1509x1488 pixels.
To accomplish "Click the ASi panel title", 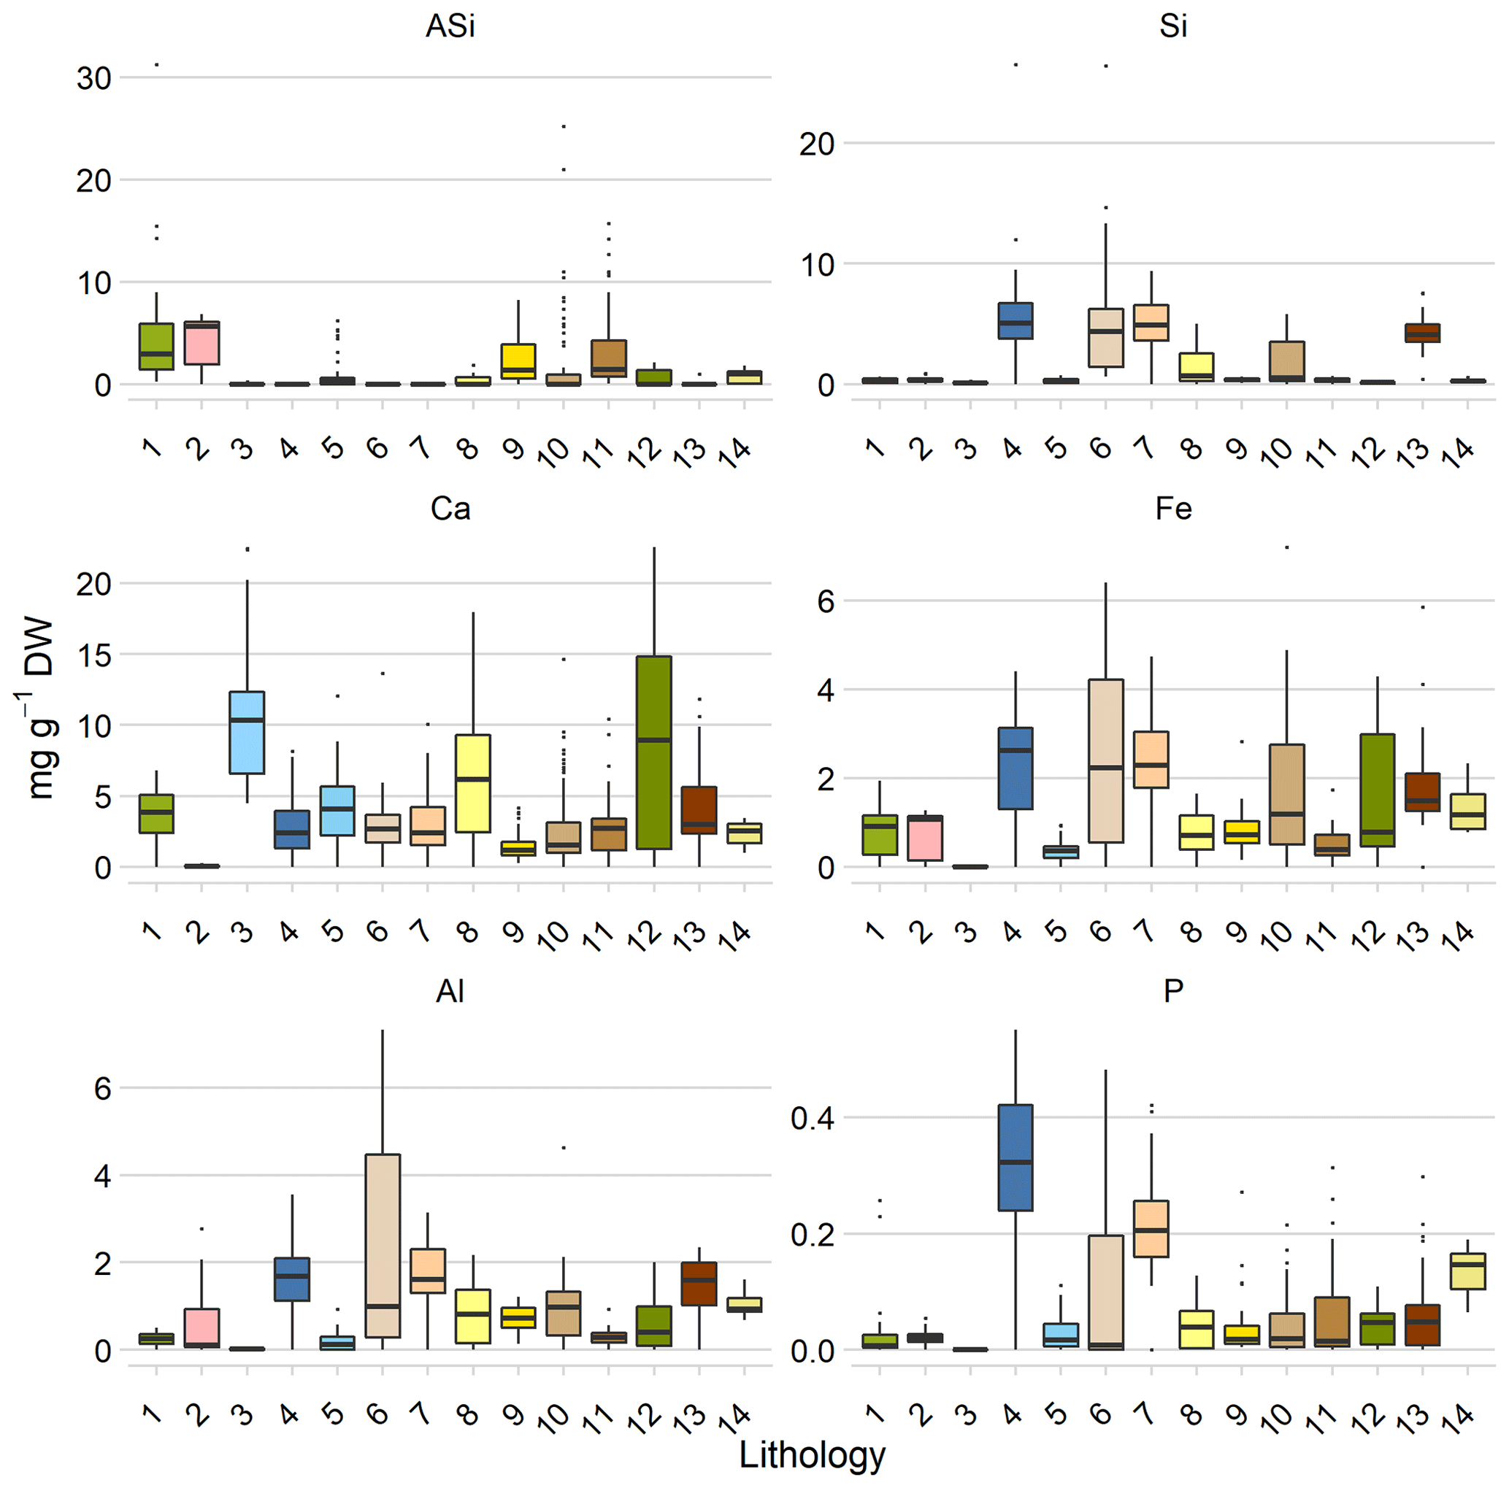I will tap(450, 26).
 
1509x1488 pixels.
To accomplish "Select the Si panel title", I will tap(1172, 26).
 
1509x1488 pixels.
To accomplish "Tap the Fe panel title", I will tap(1172, 509).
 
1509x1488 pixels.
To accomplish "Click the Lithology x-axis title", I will tap(812, 1455).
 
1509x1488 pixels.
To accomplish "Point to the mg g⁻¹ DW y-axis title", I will tap(39, 709).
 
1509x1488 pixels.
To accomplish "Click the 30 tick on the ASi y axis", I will tap(93, 79).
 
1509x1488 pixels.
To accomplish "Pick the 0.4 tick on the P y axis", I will tap(812, 1118).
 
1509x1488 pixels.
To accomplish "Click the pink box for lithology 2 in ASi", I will tap(201, 343).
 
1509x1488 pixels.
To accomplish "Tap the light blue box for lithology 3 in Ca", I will tap(247, 732).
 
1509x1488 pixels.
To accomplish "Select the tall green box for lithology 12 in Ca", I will tap(653, 752).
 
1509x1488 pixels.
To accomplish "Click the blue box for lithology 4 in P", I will tap(1015, 1157).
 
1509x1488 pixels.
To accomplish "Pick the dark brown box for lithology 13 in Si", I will tap(1422, 334).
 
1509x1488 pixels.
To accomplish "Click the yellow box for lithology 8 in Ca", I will tap(472, 783).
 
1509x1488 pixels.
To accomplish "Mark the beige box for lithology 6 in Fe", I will tap(1106, 761).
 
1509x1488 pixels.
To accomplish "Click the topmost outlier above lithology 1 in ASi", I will tap(157, 65).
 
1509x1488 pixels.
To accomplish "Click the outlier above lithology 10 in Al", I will tap(563, 1148).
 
